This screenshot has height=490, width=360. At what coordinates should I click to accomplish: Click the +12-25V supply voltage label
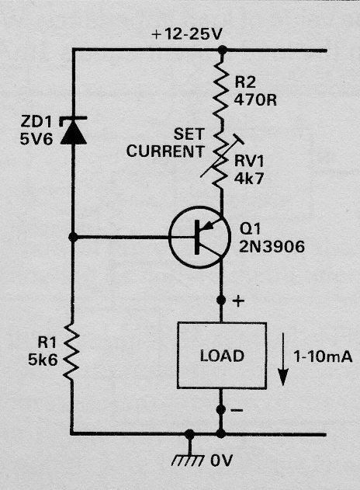point(187,34)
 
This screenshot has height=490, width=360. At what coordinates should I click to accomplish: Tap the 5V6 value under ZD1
point(36,139)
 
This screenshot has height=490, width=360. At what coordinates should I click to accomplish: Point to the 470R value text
point(255,101)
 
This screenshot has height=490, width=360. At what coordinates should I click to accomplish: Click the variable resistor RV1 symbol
point(222,159)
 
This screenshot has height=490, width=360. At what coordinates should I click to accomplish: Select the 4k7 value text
point(249,179)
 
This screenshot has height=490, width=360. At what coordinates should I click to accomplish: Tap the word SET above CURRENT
point(189,134)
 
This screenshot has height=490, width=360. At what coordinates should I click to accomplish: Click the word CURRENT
point(164,151)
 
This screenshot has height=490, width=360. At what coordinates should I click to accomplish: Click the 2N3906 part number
point(272,247)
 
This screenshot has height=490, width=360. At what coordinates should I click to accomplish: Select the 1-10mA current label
point(323,356)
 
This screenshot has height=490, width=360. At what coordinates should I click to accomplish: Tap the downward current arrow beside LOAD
point(283,360)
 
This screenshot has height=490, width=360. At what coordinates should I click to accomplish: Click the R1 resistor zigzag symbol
point(72,352)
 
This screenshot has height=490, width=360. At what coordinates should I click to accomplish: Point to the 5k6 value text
point(43,360)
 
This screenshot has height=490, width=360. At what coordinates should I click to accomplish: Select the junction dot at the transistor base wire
point(73,238)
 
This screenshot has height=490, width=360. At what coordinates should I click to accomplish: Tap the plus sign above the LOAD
point(238,301)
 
